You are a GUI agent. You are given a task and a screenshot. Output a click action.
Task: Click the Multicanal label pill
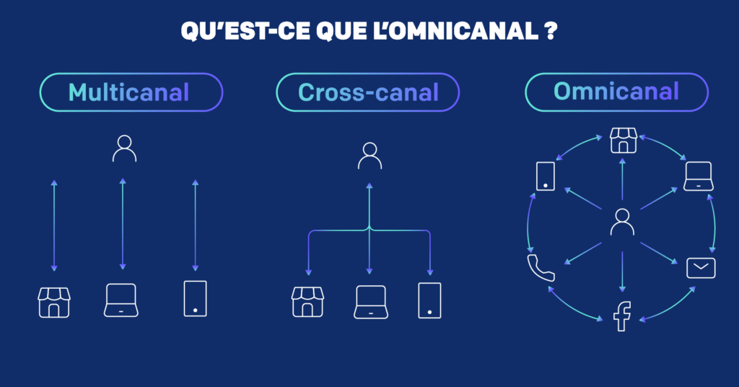131,92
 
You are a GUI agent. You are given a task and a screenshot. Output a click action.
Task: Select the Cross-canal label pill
367,92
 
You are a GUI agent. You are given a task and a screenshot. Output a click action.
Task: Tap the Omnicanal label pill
616,92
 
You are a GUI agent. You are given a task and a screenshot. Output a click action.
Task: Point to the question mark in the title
551,31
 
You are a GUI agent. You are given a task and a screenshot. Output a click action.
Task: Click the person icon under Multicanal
124,149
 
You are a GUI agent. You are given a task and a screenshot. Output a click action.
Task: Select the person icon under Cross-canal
370,155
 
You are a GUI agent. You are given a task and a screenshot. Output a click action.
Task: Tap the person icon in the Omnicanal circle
622,222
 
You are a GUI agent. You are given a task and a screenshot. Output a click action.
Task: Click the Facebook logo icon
622,316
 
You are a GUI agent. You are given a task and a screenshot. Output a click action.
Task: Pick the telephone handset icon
541,268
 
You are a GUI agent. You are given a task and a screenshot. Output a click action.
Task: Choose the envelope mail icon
701,268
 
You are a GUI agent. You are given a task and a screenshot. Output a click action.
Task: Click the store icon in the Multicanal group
54,302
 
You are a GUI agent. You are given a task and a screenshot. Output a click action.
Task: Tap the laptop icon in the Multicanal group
121,300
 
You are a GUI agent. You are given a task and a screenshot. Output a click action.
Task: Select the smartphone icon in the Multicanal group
195,298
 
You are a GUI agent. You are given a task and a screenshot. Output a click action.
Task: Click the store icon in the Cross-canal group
307,302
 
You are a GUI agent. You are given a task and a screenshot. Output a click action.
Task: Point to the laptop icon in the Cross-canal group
371,302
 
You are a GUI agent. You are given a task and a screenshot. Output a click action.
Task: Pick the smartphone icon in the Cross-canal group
430,301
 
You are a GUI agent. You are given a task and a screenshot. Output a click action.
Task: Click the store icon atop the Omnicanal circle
624,141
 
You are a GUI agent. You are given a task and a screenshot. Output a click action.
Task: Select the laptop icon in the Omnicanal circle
699,176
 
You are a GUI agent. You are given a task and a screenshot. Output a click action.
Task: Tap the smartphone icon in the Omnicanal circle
546,176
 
